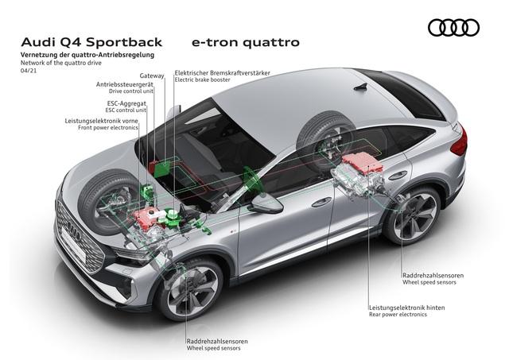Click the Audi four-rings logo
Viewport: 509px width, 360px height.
(453, 28)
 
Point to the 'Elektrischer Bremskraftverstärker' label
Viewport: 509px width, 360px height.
(223, 72)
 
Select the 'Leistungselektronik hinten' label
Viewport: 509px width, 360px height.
(409, 307)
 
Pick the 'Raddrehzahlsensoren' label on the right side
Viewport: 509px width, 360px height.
(433, 275)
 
